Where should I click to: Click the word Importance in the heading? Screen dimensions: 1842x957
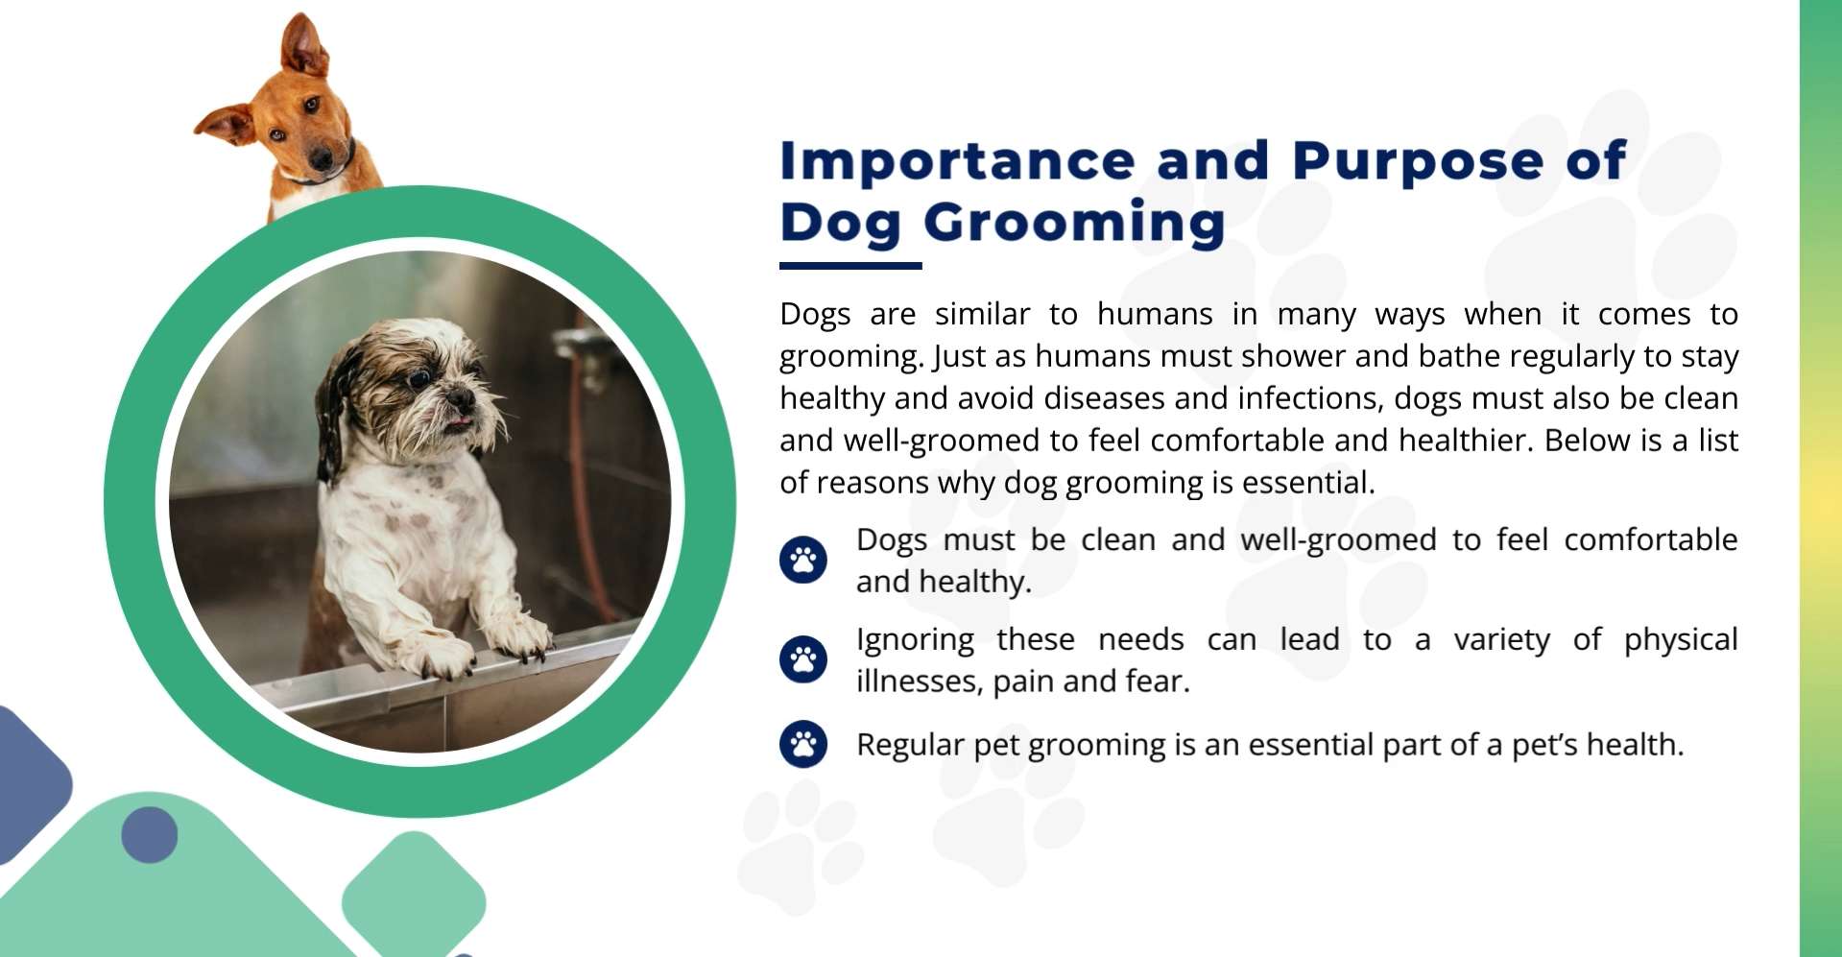957,161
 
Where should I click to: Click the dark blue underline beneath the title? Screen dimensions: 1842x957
850,265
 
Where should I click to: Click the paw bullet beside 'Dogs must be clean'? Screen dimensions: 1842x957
803,560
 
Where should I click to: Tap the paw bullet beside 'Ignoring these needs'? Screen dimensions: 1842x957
803,659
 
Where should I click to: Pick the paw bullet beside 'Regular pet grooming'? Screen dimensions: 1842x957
803,744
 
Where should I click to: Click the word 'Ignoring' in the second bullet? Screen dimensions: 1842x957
915,640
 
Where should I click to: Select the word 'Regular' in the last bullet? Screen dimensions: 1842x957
910,745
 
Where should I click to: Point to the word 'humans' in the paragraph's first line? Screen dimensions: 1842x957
1155,314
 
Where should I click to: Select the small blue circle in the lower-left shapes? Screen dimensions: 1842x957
150,834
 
